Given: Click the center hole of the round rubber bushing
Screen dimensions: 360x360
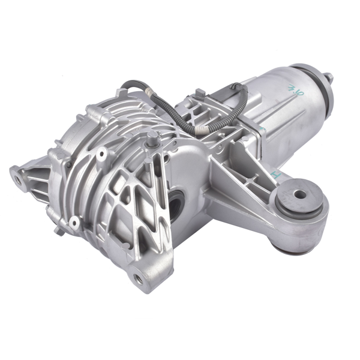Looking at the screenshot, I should coord(298,194).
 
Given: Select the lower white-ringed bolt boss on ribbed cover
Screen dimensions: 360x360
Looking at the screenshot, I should coord(74,223).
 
